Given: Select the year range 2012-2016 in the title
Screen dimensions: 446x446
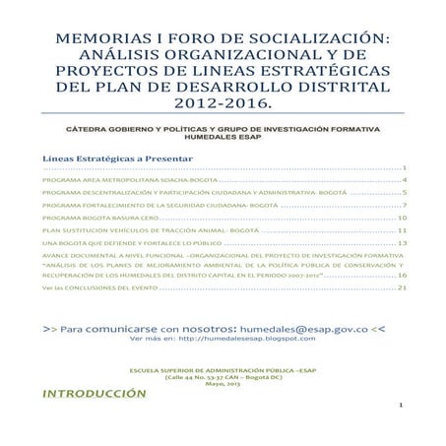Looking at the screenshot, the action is (x=223, y=102).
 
